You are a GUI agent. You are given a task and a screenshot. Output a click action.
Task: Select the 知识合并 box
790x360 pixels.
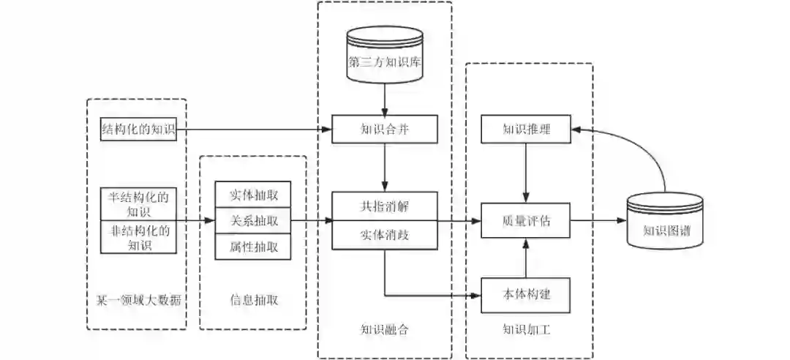tap(385, 130)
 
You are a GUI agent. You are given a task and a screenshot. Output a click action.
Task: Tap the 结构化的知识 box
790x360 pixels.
tap(139, 130)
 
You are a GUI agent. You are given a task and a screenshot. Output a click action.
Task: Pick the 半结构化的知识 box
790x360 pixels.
tap(139, 204)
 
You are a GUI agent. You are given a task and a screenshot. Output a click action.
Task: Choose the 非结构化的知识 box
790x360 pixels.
tap(139, 237)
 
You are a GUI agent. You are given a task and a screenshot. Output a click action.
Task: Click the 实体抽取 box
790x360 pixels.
tap(252, 195)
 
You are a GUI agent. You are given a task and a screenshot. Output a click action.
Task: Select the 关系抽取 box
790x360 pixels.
tap(252, 220)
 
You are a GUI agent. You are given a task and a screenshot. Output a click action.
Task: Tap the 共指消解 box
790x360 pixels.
tap(385, 205)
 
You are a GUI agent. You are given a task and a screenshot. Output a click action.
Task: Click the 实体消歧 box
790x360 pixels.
tap(385, 235)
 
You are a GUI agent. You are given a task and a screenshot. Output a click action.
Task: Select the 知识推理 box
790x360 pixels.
tap(526, 130)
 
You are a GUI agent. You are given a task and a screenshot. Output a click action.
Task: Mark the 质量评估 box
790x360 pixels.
tap(526, 220)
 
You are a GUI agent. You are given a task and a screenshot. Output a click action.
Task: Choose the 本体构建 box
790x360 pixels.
tap(526, 295)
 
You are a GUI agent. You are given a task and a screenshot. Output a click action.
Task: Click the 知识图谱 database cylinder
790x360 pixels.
tap(666, 221)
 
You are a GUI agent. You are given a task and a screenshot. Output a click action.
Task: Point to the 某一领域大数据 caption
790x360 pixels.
tap(138, 299)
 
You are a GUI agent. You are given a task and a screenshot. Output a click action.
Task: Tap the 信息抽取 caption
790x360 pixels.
tap(253, 299)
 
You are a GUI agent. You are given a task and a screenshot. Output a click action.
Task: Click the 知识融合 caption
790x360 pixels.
tap(385, 329)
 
